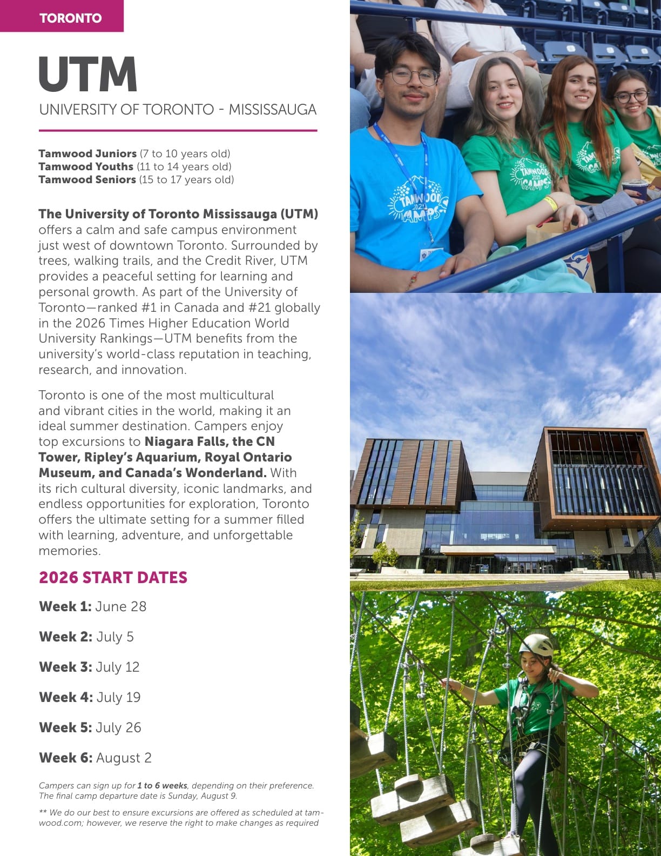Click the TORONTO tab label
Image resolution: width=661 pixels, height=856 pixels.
[70, 18]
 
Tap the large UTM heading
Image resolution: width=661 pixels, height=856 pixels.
[88, 75]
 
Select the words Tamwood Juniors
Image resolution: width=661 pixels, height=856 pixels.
[87, 153]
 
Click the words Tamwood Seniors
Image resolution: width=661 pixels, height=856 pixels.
[87, 179]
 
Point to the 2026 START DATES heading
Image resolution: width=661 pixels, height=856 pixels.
[113, 577]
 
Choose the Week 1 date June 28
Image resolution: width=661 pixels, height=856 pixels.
[120, 606]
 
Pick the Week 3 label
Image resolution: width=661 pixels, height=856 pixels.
[65, 667]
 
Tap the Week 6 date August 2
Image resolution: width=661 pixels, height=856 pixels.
[124, 758]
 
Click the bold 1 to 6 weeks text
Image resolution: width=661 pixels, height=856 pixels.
[162, 785]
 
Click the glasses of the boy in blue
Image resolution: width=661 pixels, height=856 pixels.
[414, 76]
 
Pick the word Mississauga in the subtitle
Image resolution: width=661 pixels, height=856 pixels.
[272, 110]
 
